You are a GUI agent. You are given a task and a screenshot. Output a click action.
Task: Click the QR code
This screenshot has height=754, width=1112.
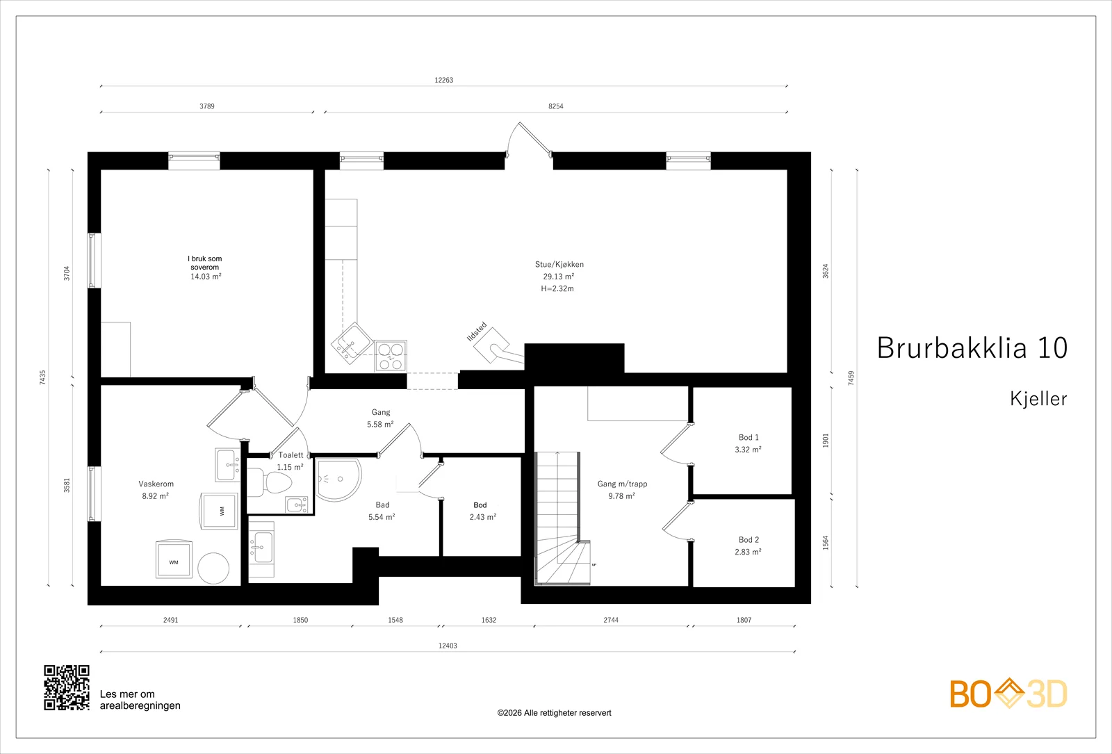click(67, 687)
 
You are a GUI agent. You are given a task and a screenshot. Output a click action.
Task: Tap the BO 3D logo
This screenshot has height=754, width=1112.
click(1008, 694)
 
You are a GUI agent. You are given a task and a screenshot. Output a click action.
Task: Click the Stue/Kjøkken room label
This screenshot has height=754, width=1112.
click(559, 265)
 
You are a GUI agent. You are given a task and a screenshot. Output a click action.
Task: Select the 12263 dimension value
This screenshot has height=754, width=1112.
click(444, 80)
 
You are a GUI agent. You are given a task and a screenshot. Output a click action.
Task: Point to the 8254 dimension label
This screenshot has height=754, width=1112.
click(555, 106)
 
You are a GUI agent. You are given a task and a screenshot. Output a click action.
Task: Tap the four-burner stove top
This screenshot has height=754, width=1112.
click(391, 355)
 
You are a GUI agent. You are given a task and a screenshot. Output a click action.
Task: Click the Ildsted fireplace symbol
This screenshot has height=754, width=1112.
click(491, 345)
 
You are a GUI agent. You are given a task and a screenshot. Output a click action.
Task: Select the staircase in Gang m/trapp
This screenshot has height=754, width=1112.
click(562, 518)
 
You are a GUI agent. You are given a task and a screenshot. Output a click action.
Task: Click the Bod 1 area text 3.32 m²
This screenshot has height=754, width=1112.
click(748, 450)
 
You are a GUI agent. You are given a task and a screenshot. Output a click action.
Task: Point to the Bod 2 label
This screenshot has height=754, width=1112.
click(749, 539)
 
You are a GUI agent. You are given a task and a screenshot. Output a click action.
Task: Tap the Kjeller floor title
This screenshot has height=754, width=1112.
click(1038, 399)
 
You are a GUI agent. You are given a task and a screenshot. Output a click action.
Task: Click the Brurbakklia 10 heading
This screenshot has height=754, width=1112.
click(972, 347)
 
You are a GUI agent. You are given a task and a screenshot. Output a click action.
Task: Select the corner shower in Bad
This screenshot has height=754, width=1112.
click(338, 480)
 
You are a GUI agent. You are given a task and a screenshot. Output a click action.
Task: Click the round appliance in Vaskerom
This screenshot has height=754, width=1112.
click(213, 568)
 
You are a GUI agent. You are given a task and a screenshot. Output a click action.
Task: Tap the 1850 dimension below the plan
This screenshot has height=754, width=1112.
click(300, 620)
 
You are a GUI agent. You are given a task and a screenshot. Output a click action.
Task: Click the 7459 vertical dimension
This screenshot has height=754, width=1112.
click(851, 378)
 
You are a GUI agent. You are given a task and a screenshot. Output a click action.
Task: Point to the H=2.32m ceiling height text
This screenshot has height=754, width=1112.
click(557, 288)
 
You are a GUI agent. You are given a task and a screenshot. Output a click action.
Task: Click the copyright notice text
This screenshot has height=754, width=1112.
click(554, 713)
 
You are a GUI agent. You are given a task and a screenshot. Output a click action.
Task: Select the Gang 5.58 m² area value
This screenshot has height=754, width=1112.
click(380, 425)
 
